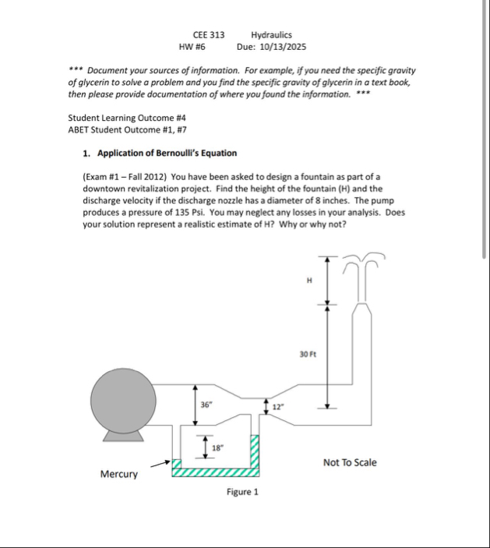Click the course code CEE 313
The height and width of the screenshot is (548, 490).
pos(208,35)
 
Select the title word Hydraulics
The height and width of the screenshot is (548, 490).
pos(271,35)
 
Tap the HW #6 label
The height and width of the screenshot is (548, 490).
pos(191,47)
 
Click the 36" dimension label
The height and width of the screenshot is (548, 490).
pos(206,405)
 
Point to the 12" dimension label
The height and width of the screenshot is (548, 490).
pos(278,406)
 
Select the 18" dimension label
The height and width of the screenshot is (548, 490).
pos(218,447)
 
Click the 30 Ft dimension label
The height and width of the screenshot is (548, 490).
pos(308,354)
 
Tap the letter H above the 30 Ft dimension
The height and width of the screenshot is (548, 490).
pos(309,281)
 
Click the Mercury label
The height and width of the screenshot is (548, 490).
pos(119,474)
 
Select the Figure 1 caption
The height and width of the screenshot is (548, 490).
pos(242,492)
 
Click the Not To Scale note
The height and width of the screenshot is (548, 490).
pos(350,462)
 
